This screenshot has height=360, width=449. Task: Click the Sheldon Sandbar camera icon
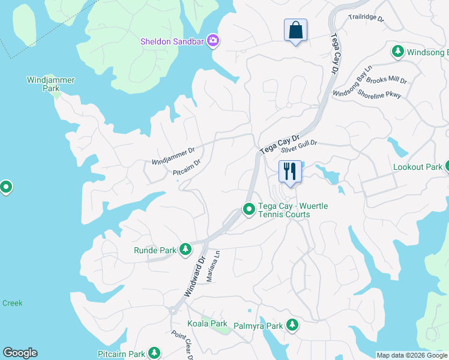pos(212,41)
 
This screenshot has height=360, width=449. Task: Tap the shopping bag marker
pos(295,30)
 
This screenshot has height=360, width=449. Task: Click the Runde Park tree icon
pos(185,249)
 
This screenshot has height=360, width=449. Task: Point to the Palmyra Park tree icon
pos(292,325)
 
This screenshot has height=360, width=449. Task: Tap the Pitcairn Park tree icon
pos(154,352)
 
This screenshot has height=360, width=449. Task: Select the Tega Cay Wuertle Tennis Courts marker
pos(249,209)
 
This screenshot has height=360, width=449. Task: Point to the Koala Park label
pos(207,323)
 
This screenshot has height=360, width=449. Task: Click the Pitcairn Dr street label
pos(187,168)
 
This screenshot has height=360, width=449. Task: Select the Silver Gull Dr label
pos(298,146)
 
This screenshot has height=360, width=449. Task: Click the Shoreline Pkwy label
pos(379,94)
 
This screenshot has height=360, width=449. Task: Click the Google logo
pos(20,353)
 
